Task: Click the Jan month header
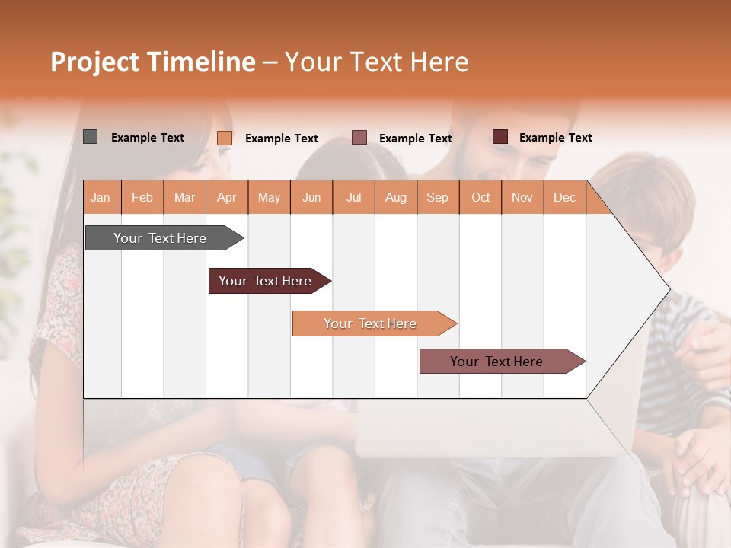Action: point(101,197)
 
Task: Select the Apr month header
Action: point(226,197)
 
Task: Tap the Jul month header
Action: point(353,197)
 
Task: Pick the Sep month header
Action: point(437,197)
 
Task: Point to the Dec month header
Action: point(564,197)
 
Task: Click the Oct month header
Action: point(480,197)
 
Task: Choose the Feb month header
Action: point(142,197)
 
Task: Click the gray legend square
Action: point(90,137)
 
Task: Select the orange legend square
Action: point(225,138)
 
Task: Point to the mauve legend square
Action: point(359,138)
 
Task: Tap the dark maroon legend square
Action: point(500,137)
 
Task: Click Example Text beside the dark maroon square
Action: point(555,138)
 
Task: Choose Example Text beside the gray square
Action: point(147,138)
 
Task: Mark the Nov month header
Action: point(522,197)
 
